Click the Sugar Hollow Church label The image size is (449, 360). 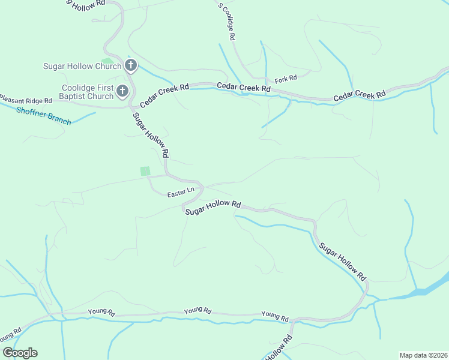tap(82, 66)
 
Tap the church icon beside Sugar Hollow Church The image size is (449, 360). tap(131, 65)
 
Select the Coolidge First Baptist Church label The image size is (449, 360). tap(87, 92)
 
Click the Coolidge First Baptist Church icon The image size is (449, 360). tap(122, 92)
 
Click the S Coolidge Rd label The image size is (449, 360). tap(227, 22)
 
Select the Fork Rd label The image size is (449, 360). tap(286, 79)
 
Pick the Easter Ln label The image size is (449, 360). tap(181, 193)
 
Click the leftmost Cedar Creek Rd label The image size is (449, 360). tap(164, 95)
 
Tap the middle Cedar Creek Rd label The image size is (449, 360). tap(244, 88)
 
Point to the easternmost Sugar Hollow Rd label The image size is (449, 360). tap(342, 262)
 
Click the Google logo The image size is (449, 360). tap(20, 353)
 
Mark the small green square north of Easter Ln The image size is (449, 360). tap(145, 171)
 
